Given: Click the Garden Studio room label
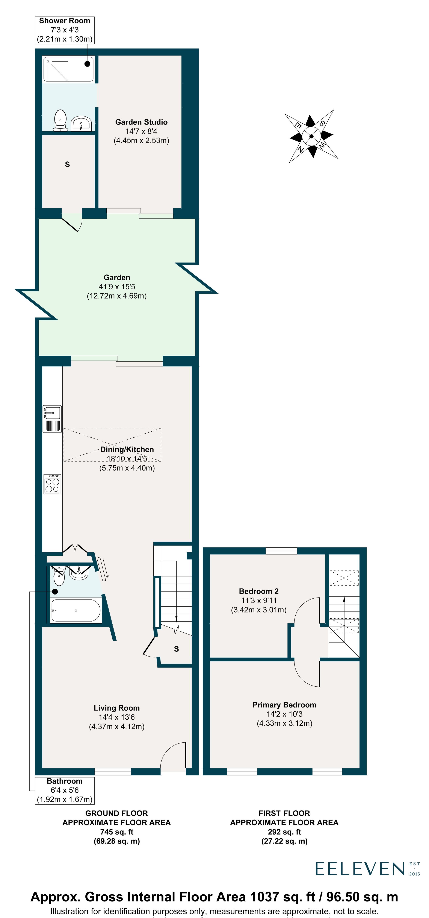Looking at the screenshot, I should click(141, 122).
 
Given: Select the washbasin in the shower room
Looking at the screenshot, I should click(82, 123).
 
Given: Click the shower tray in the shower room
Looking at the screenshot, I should click(68, 69).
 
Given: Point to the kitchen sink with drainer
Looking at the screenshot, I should click(52, 419).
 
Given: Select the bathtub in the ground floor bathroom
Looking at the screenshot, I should click(76, 610).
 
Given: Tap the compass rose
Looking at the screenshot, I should click(311, 136).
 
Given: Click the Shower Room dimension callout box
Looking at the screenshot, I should click(64, 30).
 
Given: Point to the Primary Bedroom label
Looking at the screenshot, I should click(284, 705).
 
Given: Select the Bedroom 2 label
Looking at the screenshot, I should click(258, 591).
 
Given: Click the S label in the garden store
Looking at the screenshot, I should click(67, 164).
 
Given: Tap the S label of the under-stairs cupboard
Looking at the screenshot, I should click(176, 649).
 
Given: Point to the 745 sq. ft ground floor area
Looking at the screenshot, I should click(116, 832).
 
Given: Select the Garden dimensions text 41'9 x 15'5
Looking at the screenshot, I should click(116, 287).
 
